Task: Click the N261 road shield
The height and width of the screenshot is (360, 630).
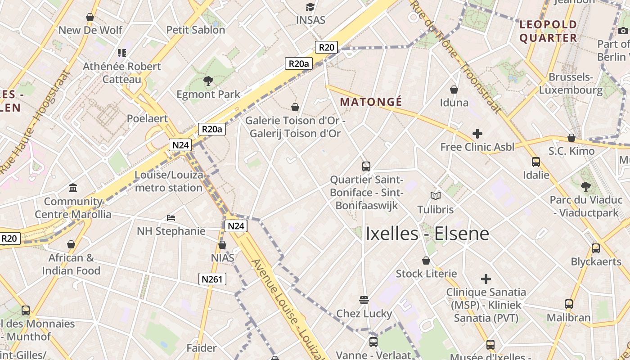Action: [212, 279]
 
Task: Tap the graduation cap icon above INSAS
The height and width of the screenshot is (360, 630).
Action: [310, 7]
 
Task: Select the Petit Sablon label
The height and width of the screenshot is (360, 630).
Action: [196, 30]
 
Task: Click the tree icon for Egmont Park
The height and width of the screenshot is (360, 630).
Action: [208, 81]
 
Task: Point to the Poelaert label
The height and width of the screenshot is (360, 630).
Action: [147, 118]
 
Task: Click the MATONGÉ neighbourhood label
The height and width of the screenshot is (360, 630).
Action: [371, 102]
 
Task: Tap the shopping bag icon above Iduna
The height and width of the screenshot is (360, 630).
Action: [454, 90]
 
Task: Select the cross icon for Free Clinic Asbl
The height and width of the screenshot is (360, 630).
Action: [477, 134]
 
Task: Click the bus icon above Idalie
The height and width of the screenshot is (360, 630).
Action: [535, 162]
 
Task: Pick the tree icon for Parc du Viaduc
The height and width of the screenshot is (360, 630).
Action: [585, 186]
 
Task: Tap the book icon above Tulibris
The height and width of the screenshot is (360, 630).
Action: [435, 196]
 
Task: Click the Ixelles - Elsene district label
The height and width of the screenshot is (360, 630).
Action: [427, 234]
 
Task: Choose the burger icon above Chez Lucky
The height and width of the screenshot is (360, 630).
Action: [364, 300]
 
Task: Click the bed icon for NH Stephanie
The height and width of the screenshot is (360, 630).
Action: [171, 218]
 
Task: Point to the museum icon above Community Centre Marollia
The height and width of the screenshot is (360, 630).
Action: [73, 188]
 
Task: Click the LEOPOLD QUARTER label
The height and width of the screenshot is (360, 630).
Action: [548, 31]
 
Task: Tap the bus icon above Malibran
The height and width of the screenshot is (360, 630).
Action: [569, 304]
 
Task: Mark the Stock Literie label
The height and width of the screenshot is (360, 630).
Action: [426, 274]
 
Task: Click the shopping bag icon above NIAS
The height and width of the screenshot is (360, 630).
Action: [222, 245]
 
